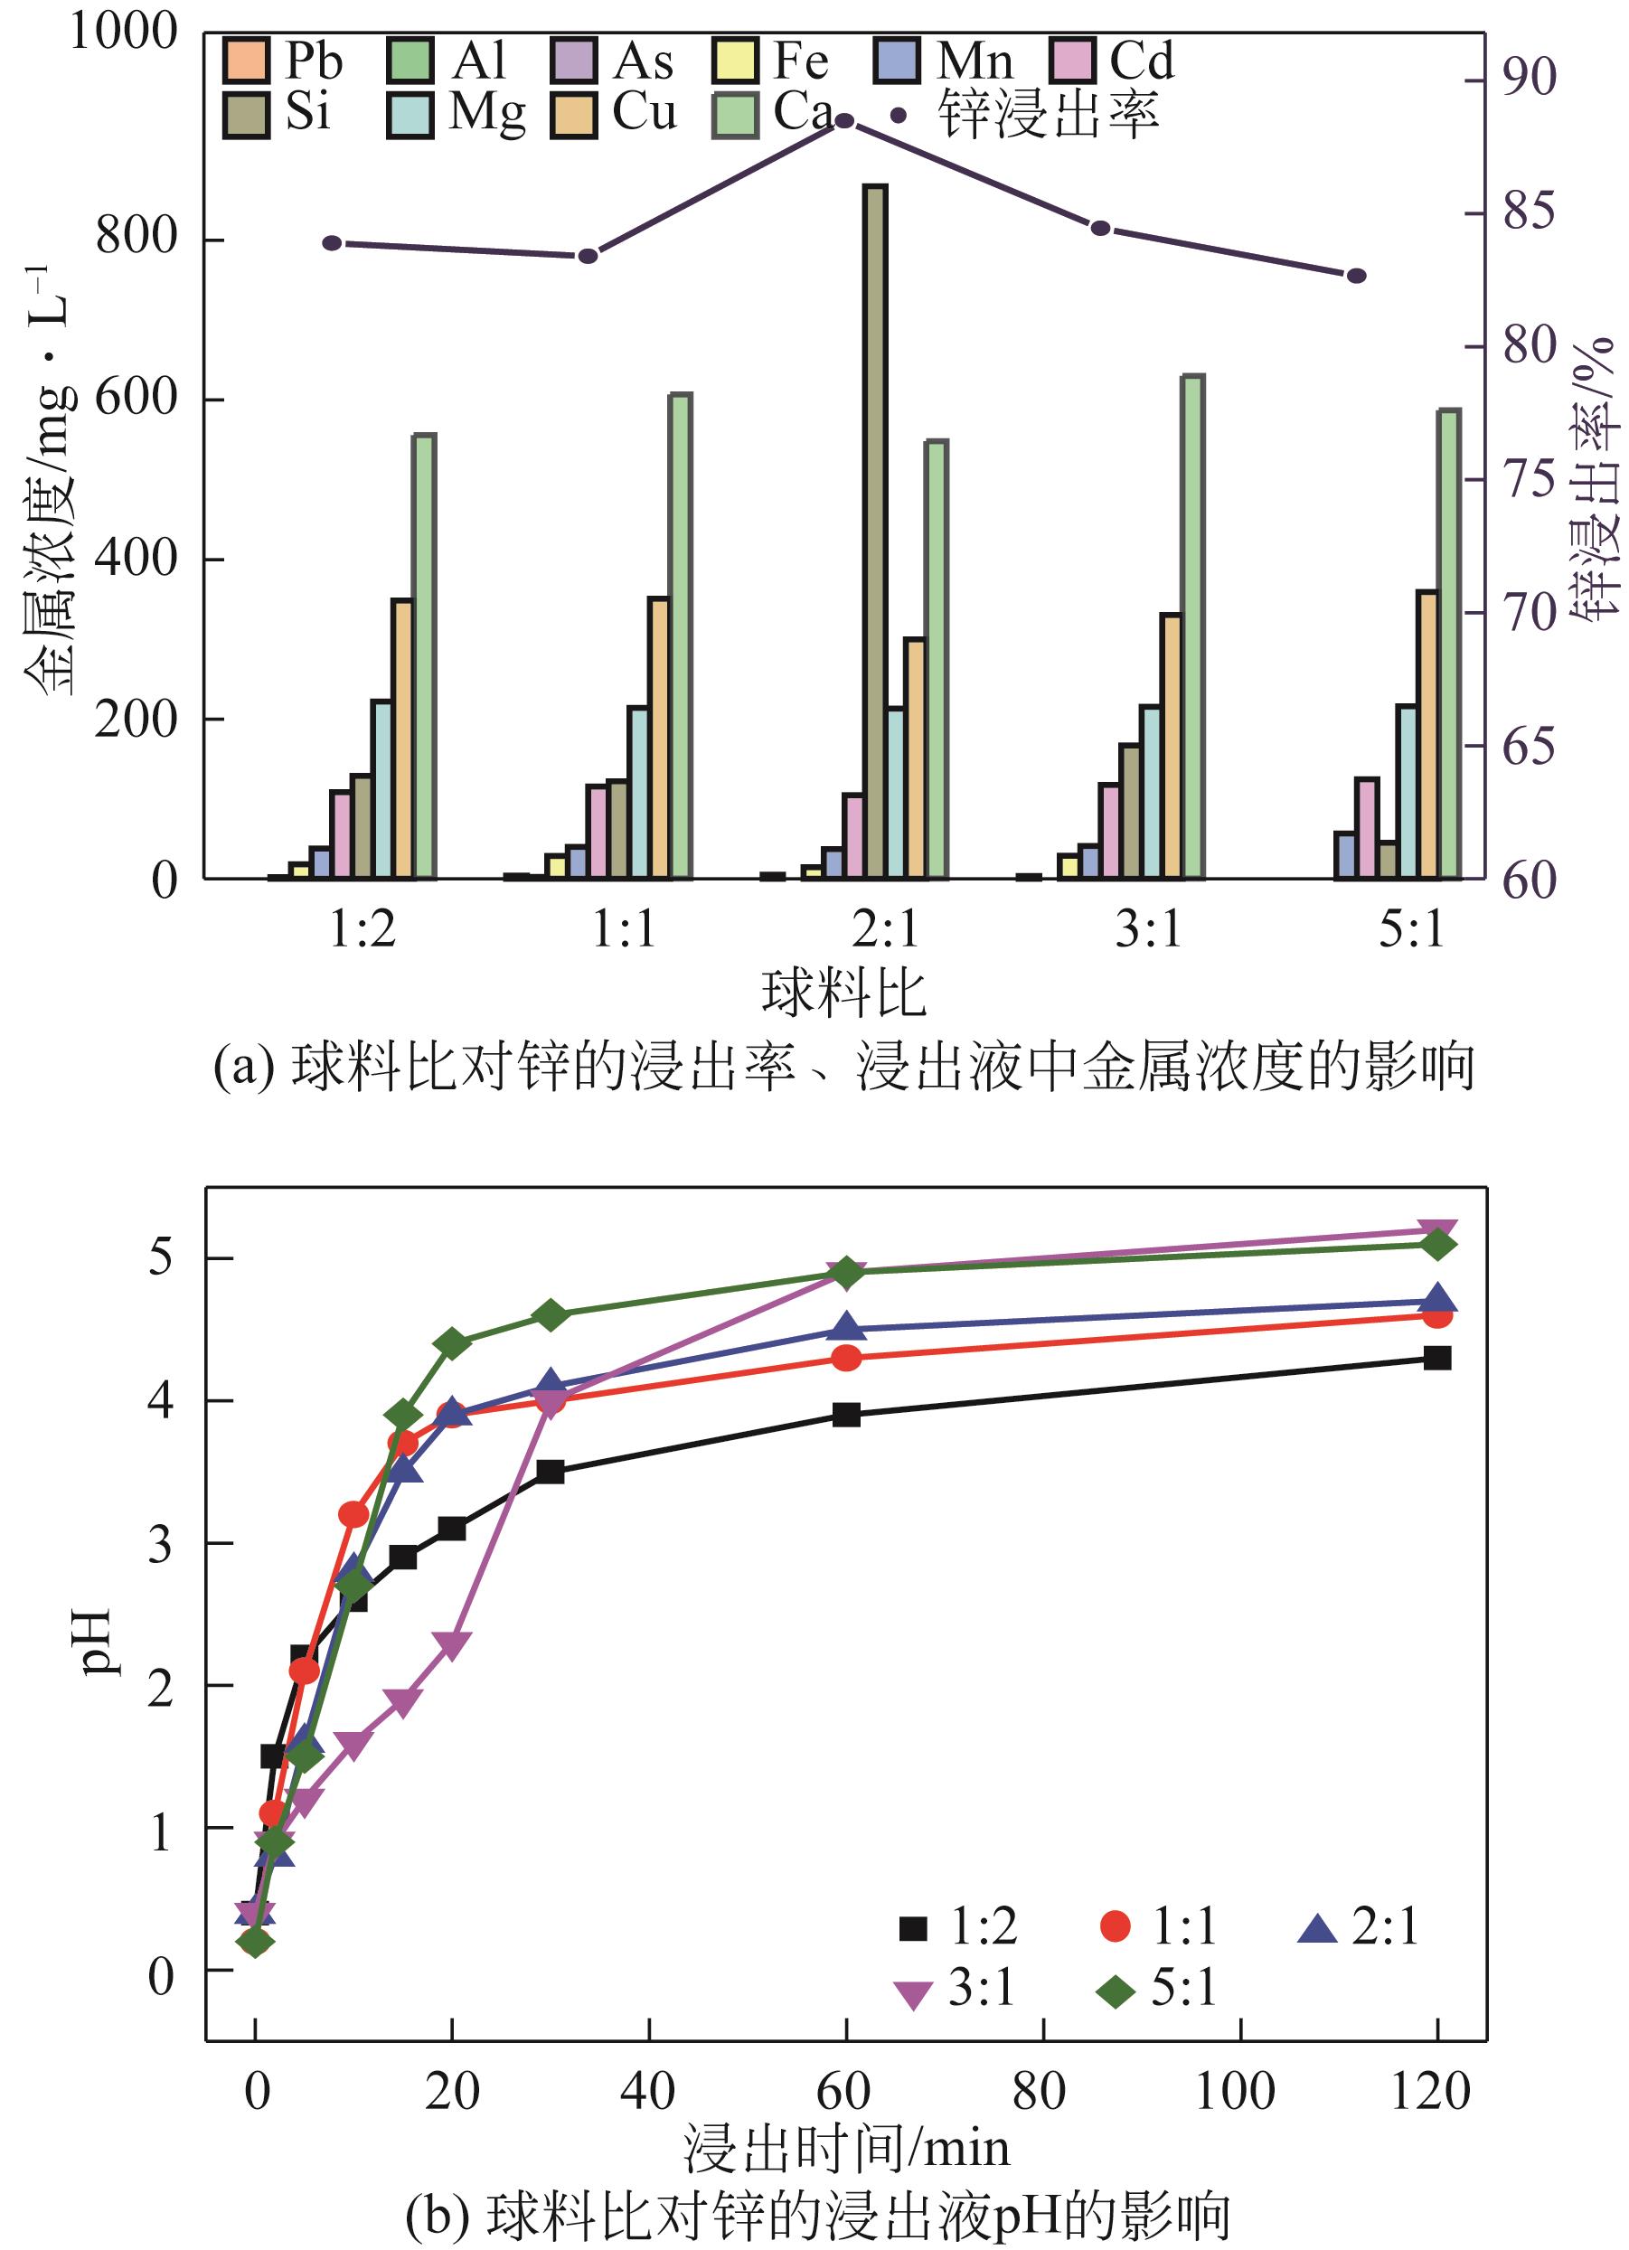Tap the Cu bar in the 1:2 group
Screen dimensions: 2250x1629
[401, 739]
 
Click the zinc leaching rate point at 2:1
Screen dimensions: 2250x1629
[844, 121]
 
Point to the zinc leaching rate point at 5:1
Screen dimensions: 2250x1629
[1356, 276]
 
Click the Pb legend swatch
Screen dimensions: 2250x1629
[246, 61]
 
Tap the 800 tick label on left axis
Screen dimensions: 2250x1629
[136, 238]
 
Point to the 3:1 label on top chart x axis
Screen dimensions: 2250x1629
[1148, 930]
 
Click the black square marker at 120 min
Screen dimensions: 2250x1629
[1436, 1358]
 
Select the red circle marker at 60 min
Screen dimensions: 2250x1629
[845, 1358]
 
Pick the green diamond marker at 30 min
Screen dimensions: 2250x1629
[551, 1315]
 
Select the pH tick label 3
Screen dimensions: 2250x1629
[160, 1546]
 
